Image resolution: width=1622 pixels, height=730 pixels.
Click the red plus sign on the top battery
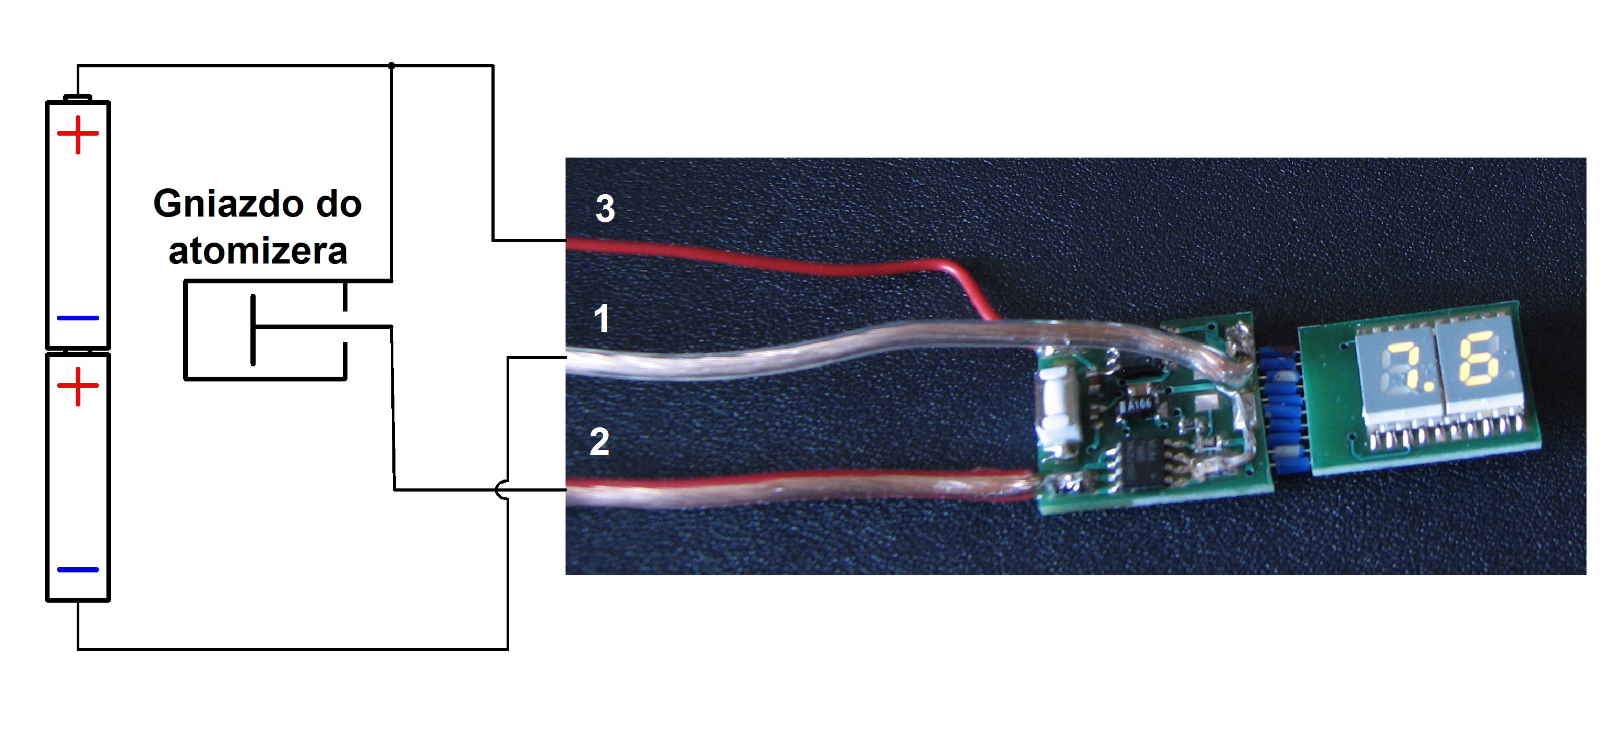(x=78, y=134)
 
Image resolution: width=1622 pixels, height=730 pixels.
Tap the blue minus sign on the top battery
(x=78, y=318)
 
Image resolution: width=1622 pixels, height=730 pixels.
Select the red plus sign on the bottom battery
(x=78, y=386)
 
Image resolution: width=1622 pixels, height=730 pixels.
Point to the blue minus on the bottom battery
(x=78, y=569)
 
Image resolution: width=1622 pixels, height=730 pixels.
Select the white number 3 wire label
(x=605, y=209)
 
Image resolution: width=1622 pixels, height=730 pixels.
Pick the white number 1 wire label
(x=602, y=318)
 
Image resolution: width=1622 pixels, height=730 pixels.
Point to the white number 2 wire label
(x=599, y=441)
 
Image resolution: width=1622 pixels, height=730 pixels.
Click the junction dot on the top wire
(x=392, y=66)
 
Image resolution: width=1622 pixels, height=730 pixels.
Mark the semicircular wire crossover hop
(x=502, y=490)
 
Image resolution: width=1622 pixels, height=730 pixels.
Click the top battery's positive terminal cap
(x=78, y=98)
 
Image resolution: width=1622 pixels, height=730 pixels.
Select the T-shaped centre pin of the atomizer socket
(x=254, y=329)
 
